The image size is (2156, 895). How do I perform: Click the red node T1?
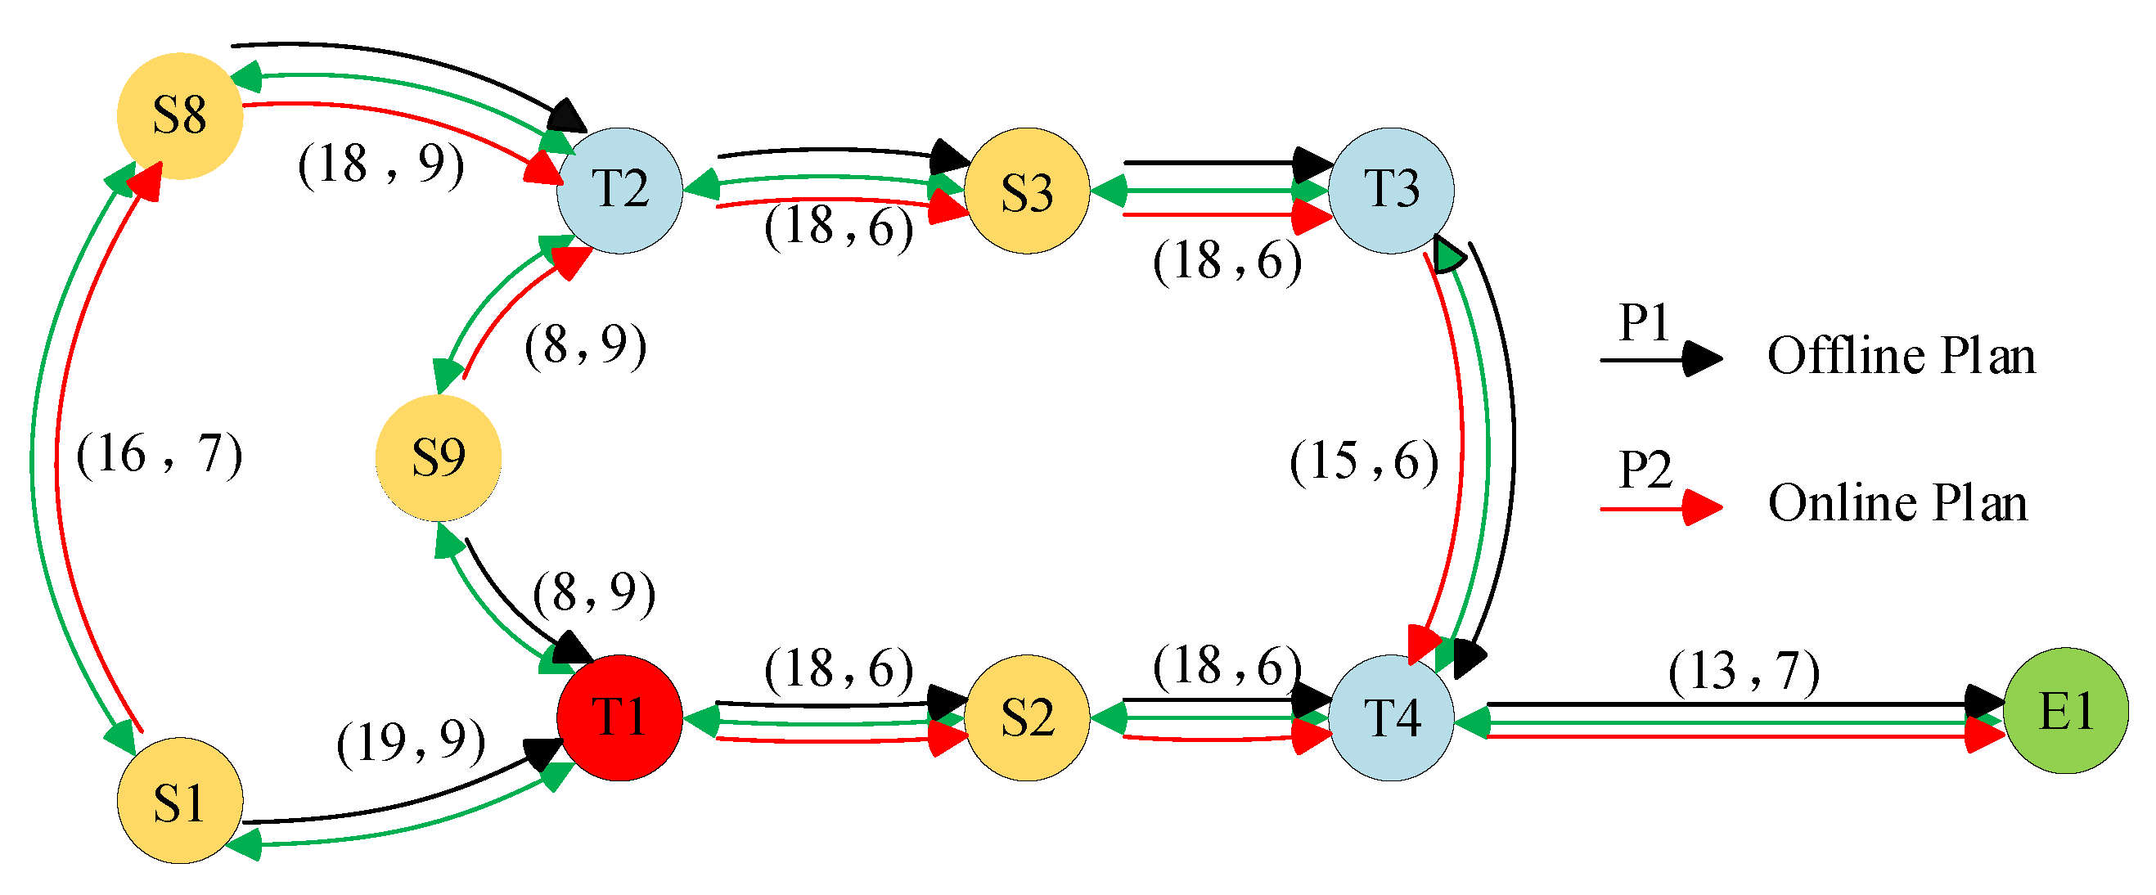619,717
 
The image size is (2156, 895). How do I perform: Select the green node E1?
2066,710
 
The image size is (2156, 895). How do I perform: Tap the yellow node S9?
439,458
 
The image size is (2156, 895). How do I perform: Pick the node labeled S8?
180,115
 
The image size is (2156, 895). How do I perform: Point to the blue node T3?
1391,190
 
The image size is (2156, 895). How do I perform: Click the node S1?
180,800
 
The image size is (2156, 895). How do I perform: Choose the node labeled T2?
619,190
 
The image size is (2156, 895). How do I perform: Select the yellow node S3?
1027,190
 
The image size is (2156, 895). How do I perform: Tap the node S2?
1027,717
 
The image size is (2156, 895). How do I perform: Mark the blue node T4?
1391,717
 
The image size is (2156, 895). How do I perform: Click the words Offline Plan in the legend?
1901,357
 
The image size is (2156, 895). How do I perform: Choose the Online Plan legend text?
1897,502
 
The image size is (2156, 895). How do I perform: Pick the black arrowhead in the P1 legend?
1702,359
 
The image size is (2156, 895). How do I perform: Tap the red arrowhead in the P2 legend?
1702,507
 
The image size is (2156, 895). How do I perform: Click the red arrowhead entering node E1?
1983,735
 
